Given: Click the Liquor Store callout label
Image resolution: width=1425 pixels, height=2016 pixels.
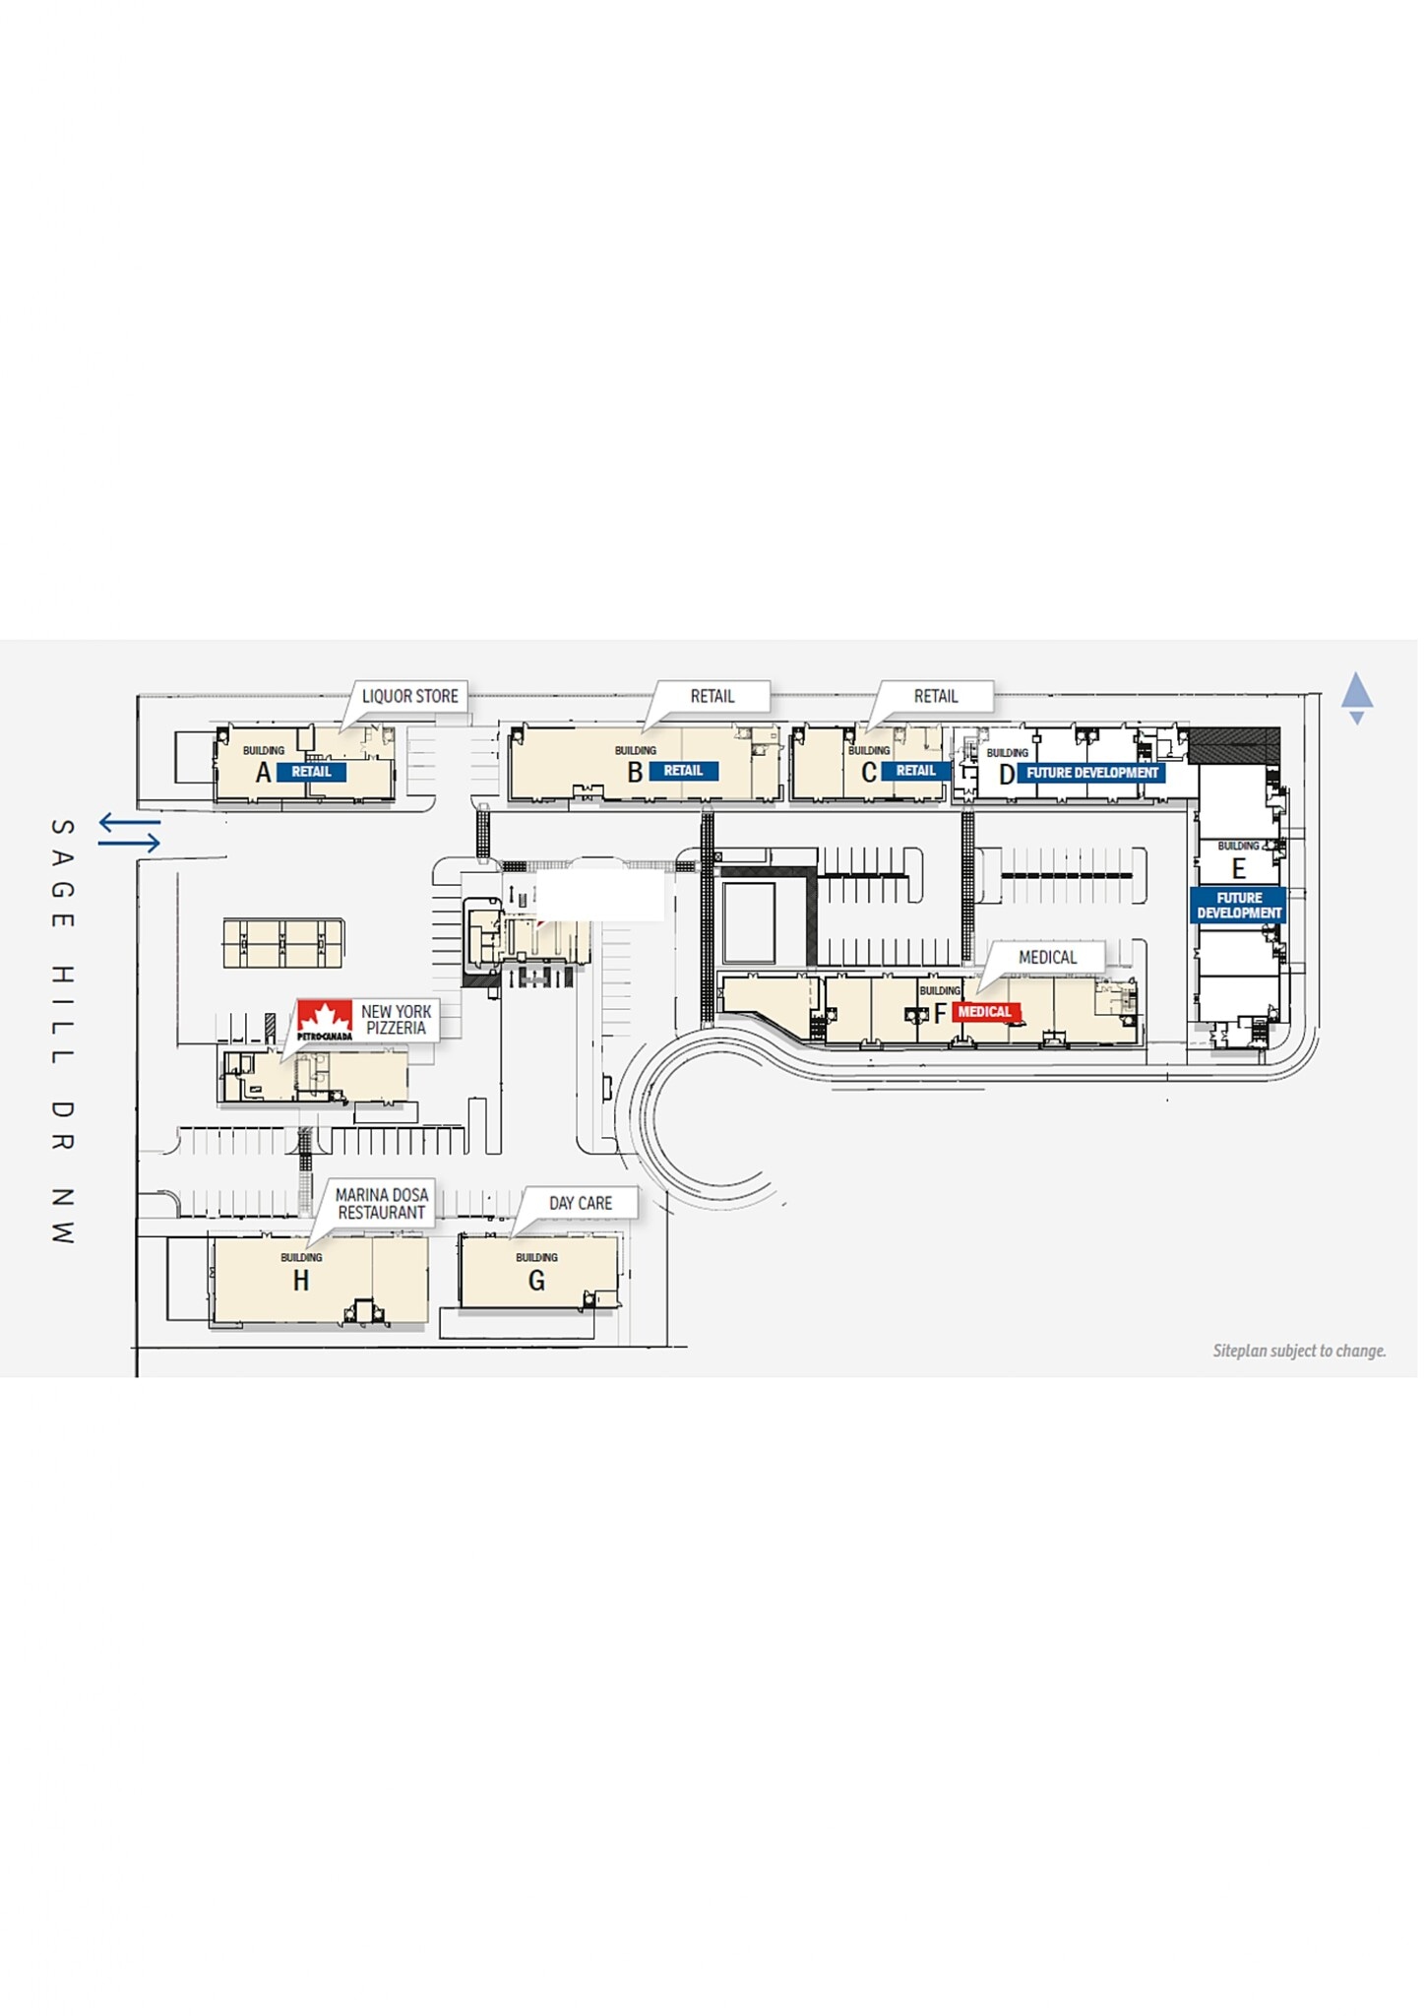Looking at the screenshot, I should [x=409, y=697].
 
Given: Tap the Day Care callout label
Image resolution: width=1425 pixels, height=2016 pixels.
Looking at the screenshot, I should [x=580, y=1204].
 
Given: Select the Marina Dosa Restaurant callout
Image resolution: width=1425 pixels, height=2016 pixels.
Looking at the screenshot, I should [x=382, y=1204].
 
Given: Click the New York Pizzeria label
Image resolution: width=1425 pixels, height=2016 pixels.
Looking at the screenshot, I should [x=396, y=1020].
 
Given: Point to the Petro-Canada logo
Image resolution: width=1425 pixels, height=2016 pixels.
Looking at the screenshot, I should [x=325, y=1021].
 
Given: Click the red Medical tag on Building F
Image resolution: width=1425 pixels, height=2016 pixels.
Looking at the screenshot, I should [x=984, y=1012].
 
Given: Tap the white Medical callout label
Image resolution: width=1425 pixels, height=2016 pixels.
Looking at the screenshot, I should [x=1047, y=958].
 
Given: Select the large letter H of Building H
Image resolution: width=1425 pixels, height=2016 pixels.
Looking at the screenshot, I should [x=301, y=1281].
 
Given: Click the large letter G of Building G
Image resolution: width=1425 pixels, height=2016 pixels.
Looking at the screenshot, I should [x=536, y=1281].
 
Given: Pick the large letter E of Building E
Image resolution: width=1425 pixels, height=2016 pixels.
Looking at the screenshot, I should [x=1239, y=869].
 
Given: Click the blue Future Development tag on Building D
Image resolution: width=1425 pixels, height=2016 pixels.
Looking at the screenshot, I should [x=1091, y=774].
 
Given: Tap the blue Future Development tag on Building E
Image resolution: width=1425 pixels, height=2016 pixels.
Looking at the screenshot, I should [x=1239, y=906].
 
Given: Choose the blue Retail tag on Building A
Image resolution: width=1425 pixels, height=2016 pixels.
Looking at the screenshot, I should [x=311, y=772].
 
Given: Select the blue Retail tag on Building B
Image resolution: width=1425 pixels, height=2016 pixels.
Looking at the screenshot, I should [x=683, y=771].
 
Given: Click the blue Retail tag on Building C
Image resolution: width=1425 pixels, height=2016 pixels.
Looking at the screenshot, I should [x=915, y=771].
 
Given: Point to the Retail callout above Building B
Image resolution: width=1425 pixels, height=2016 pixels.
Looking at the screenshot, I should [x=712, y=697].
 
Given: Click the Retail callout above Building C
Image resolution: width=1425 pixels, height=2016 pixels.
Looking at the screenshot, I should [x=935, y=697].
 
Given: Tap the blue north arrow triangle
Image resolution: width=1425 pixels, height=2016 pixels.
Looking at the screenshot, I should [x=1357, y=691].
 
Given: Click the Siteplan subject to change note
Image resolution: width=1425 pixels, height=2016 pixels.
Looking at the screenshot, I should [x=1299, y=1352].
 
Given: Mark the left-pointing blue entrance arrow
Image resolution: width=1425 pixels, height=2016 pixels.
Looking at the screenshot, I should [x=129, y=821].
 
